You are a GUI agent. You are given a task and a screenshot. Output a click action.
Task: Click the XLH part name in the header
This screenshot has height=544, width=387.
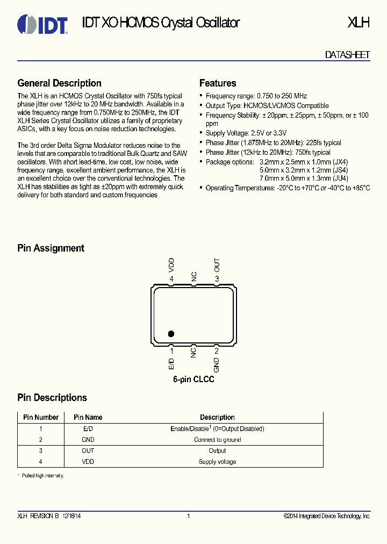pyautogui.click(x=359, y=23)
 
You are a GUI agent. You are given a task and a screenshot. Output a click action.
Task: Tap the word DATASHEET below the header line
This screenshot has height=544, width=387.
pyautogui.click(x=347, y=55)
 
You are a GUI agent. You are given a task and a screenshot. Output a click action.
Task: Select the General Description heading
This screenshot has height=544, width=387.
pyautogui.click(x=59, y=83)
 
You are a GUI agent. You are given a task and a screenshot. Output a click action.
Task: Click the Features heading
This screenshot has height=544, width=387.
pyautogui.click(x=218, y=83)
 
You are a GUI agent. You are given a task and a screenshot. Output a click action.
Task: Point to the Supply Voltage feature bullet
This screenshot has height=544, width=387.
pyautogui.click(x=246, y=133)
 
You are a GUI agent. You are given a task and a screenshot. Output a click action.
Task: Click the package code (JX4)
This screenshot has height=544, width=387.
pyautogui.click(x=340, y=162)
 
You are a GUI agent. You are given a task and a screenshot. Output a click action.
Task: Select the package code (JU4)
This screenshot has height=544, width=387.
pyautogui.click(x=340, y=178)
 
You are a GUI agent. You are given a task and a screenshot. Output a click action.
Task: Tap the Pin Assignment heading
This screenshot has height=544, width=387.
pyautogui.click(x=51, y=248)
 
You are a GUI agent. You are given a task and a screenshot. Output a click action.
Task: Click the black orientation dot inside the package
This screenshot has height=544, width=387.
pyautogui.click(x=171, y=333)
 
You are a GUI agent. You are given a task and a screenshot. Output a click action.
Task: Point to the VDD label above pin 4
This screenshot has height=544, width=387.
pyautogui.click(x=171, y=264)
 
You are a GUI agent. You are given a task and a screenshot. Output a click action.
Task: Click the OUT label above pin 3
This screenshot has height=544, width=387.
pyautogui.click(x=217, y=264)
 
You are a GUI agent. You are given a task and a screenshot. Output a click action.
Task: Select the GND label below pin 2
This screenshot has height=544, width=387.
pyautogui.click(x=217, y=365)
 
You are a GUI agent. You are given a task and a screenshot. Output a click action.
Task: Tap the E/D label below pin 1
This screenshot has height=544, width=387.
pyautogui.click(x=171, y=363)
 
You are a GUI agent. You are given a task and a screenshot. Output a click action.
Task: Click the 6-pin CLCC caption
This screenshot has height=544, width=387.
pyautogui.click(x=193, y=380)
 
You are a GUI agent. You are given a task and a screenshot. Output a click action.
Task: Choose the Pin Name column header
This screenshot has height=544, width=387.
pyautogui.click(x=88, y=417)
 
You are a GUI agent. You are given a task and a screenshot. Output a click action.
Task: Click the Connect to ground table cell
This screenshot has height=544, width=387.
pyautogui.click(x=217, y=440)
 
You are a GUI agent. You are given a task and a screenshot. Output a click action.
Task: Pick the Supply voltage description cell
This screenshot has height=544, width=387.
pyautogui.click(x=217, y=462)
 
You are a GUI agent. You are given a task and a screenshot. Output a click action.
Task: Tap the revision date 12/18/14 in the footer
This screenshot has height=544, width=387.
pyautogui.click(x=71, y=516)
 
